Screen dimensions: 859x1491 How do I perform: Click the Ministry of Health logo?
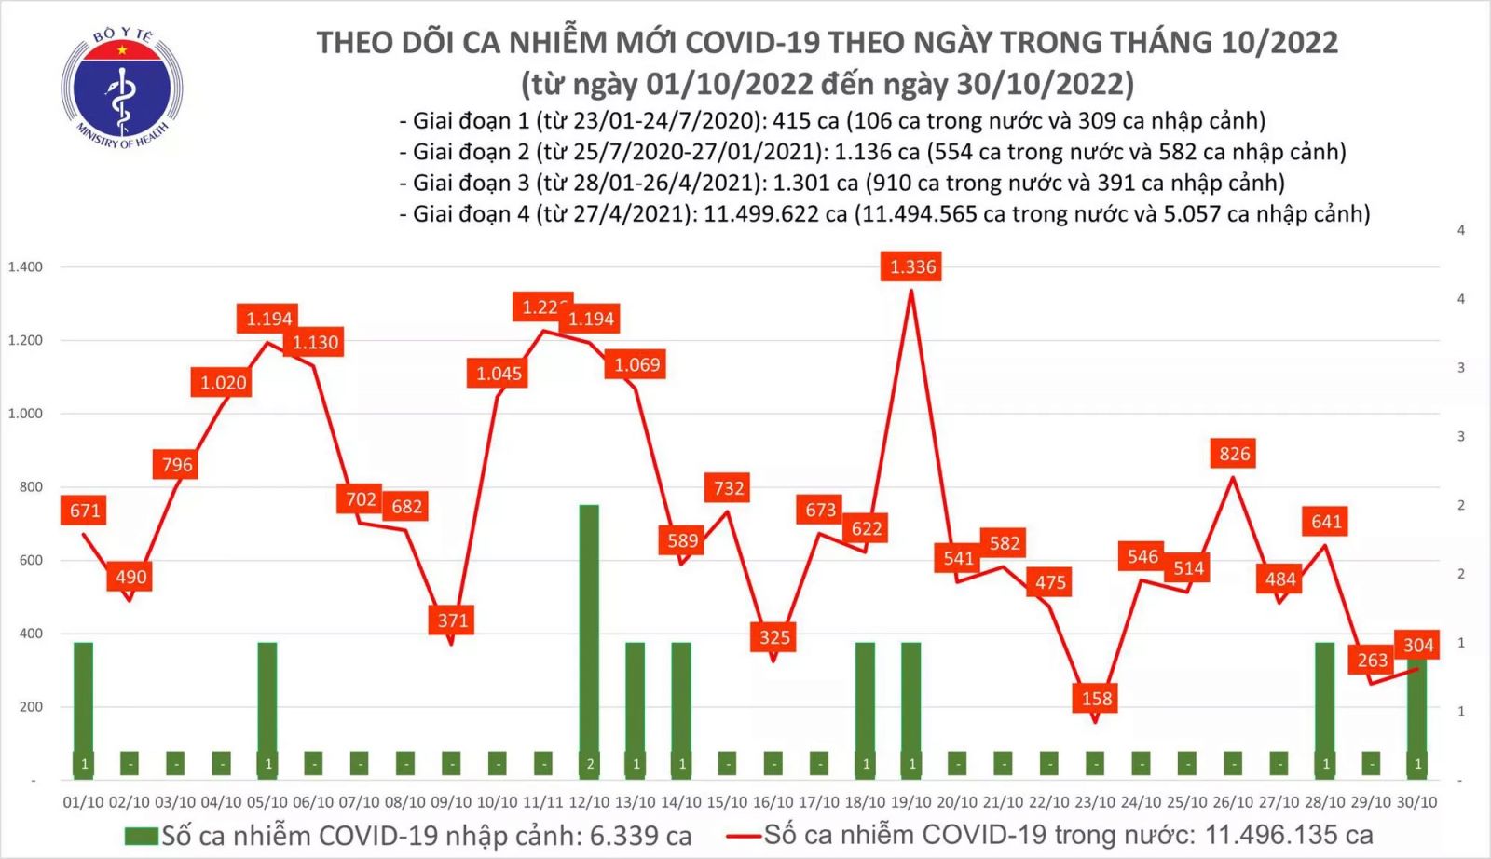(x=121, y=89)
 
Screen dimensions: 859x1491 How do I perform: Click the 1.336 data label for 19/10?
(x=912, y=267)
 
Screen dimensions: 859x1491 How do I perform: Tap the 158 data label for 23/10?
(x=1096, y=699)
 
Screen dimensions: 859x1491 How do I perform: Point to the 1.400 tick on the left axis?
(x=25, y=267)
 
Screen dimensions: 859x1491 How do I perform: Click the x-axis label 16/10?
(x=773, y=802)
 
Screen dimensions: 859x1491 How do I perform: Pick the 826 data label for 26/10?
(x=1234, y=454)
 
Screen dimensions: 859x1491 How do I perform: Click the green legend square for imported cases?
(x=141, y=836)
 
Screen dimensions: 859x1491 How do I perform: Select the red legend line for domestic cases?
(x=744, y=836)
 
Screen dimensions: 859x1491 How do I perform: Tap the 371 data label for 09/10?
(x=453, y=620)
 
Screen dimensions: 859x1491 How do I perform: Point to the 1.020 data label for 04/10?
(x=224, y=383)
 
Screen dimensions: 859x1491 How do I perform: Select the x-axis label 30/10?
(x=1417, y=802)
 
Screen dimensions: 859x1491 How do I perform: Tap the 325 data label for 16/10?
(x=774, y=638)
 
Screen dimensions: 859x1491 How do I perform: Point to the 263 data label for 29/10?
(x=1372, y=661)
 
